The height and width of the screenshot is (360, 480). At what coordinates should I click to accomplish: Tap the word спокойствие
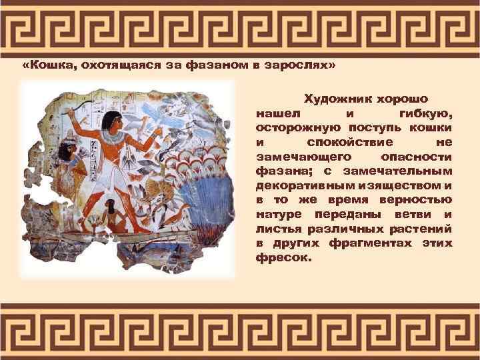[x=350, y=142]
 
